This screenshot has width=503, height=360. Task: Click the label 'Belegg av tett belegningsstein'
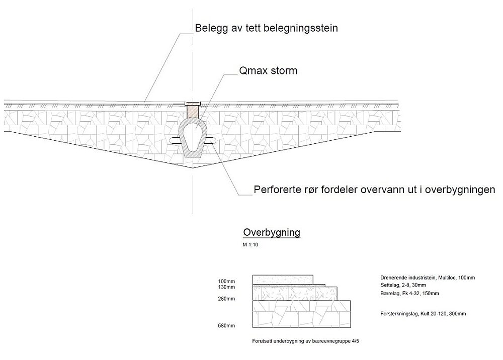(266, 29)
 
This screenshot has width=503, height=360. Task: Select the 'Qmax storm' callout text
(268, 71)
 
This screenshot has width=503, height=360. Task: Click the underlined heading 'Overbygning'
(272, 232)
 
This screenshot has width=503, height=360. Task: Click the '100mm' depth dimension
(226, 281)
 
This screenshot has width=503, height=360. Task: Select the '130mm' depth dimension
(226, 287)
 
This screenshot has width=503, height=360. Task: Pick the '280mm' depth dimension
(226, 299)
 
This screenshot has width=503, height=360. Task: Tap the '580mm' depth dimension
(226, 326)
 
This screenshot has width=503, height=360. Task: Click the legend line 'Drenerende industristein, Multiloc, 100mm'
(428, 278)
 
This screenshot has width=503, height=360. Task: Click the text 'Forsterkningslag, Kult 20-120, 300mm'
(423, 314)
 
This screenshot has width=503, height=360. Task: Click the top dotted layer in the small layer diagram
(283, 279)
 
